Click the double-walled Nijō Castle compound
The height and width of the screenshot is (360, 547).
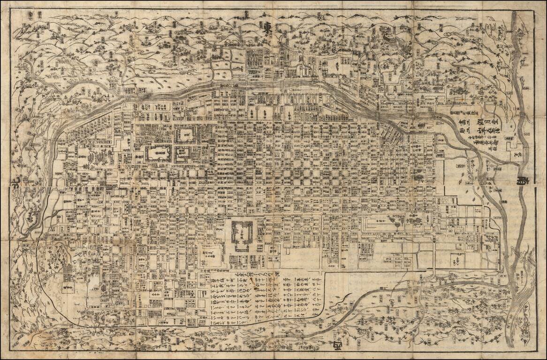click(242, 233)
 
